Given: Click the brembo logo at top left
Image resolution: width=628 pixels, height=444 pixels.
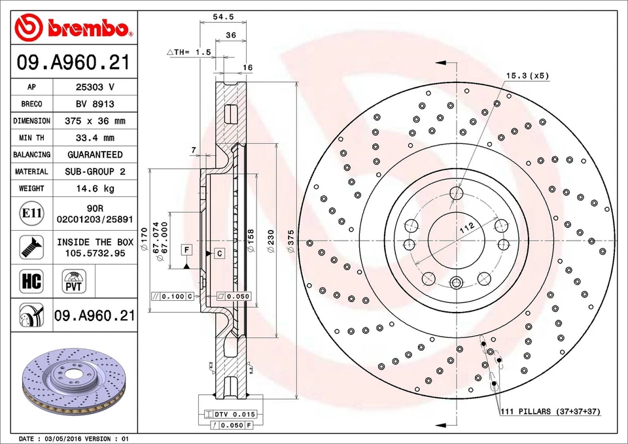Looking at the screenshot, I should click(73, 27).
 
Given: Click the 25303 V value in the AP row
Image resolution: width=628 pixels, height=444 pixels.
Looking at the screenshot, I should click(95, 87).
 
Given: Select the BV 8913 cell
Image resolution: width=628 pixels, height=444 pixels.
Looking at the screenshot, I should click(95, 104).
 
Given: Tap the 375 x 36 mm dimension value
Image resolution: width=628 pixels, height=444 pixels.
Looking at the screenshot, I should click(95, 121).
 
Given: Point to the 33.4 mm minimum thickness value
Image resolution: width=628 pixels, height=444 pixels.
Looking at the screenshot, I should click(95, 138).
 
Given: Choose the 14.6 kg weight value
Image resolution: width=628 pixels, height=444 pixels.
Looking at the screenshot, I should click(95, 188).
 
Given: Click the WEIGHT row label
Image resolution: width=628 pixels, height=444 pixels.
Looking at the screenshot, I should click(31, 188).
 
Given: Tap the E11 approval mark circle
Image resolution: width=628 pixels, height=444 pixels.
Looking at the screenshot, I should click(31, 213).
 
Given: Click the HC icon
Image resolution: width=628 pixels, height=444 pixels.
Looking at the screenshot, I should click(31, 282).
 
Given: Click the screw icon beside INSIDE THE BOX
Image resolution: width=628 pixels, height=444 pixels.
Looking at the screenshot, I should click(31, 247).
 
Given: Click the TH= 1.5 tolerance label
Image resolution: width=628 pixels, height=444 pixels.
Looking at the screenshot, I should click(190, 52).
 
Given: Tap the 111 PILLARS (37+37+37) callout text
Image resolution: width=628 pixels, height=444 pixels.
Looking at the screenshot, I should click(549, 411).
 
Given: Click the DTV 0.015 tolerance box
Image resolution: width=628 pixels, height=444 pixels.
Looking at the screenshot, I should click(230, 415).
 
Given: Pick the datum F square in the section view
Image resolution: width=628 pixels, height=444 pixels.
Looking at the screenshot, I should click(186, 250).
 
